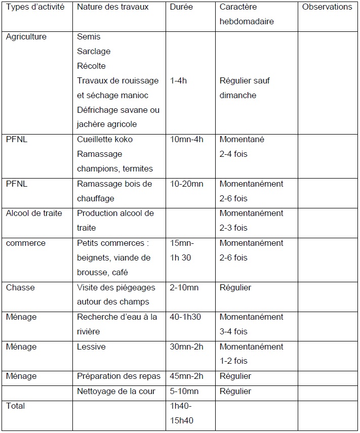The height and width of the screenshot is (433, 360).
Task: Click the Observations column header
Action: tap(327, 7)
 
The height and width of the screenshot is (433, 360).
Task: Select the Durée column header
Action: tap(182, 8)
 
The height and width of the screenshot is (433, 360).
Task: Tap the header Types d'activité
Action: tap(35, 8)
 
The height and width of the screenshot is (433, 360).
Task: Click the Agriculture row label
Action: tap(26, 37)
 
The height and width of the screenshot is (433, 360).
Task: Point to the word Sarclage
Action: tap(94, 52)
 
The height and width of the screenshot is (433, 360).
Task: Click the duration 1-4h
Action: tap(179, 81)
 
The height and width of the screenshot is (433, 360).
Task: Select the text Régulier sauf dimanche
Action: tap(245, 88)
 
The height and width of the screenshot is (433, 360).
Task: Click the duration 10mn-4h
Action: tap(187, 140)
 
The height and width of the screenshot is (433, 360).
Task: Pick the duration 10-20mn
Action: tap(186, 184)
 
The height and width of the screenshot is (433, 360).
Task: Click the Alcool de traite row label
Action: tap(34, 213)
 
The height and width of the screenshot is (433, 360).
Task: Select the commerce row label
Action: tap(25, 243)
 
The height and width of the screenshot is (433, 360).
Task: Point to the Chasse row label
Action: tap(20, 288)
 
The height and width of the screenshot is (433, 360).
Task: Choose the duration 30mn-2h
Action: tap(185, 347)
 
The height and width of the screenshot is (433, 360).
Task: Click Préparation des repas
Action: tap(118, 376)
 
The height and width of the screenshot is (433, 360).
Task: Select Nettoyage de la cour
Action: tap(116, 392)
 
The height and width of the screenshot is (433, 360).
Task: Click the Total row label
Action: tap(15, 406)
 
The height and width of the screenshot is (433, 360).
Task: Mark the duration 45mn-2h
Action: tap(185, 376)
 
